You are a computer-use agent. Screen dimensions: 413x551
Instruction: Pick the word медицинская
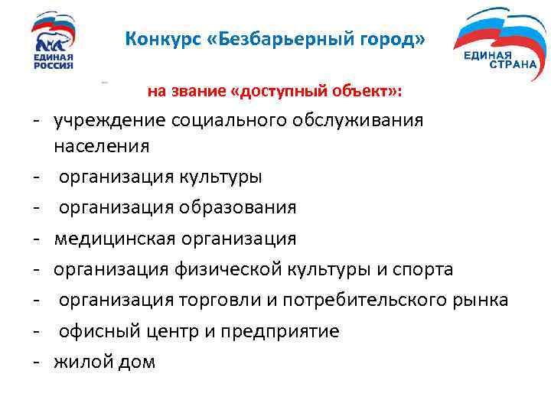click(115, 239)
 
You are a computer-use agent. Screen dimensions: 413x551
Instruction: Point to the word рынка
click(478, 301)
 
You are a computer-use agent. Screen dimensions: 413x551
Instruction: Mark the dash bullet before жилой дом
click(36, 363)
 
